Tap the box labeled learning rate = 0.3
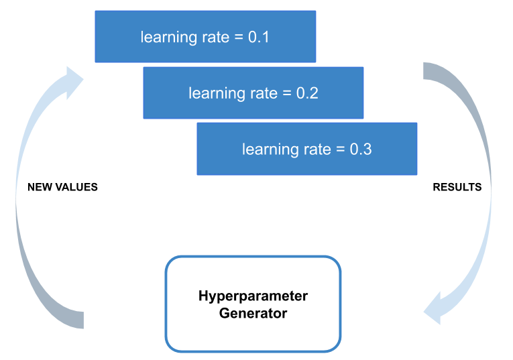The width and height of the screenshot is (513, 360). click(306, 149)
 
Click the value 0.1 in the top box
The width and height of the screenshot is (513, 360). click(259, 37)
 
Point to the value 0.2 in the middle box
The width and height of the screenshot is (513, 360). click(307, 93)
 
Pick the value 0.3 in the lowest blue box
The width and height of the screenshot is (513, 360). click(361, 149)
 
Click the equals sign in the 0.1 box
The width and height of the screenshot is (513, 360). click(240, 37)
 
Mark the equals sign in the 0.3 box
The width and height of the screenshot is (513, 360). click(342, 149)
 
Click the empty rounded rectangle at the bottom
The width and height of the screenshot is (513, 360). click(253, 304)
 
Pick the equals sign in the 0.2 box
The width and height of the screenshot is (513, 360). click(288, 93)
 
